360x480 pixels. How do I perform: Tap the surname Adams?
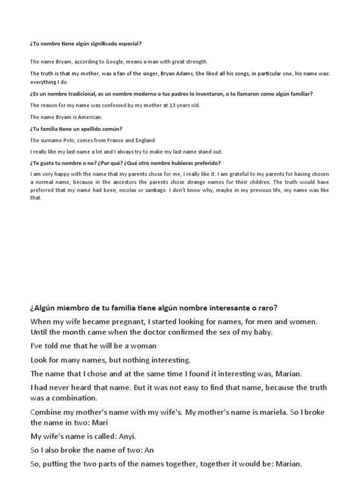183,73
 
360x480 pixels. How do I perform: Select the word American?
90,117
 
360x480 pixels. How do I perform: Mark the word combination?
73,398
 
